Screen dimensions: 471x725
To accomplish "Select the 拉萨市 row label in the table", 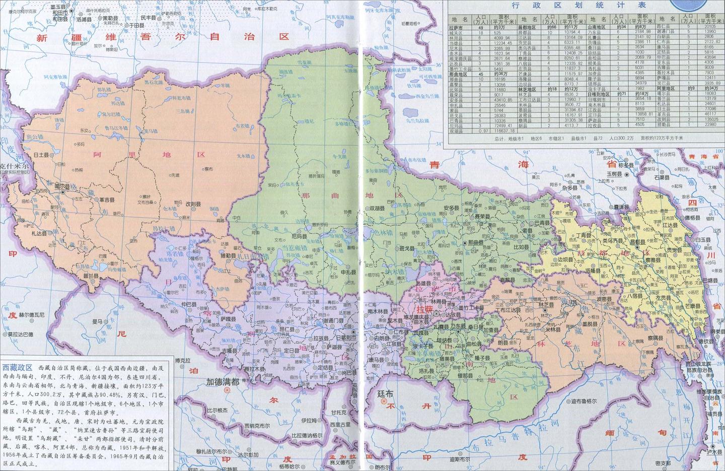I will tap(456, 28).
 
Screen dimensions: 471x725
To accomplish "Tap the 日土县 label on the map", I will tap(41, 155).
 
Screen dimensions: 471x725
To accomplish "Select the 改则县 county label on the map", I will tap(193, 205).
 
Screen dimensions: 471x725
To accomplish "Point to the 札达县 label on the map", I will tap(39, 233).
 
